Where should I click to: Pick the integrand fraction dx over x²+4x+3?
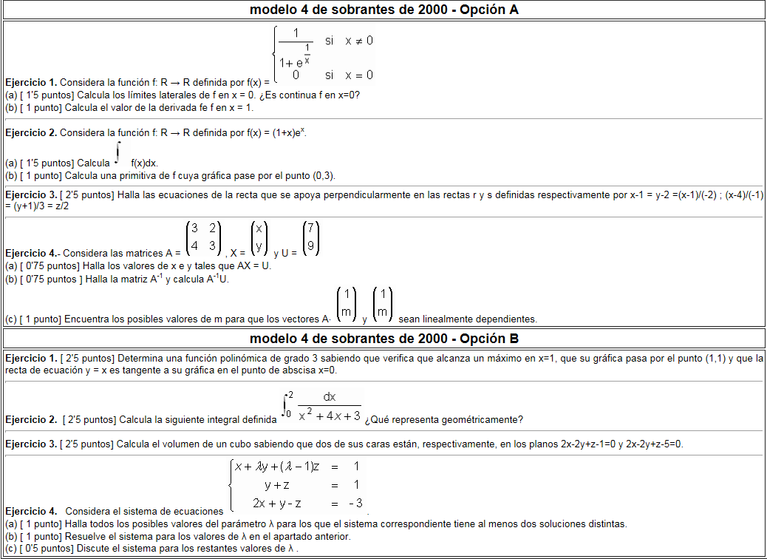(330, 407)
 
